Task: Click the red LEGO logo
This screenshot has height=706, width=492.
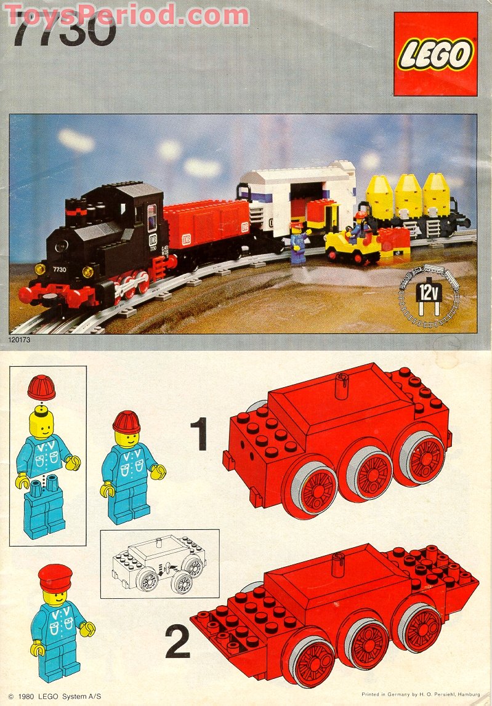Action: pos(435,54)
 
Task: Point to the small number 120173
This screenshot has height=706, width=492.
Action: pos(22,339)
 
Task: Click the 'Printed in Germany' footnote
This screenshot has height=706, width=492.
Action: pos(421,694)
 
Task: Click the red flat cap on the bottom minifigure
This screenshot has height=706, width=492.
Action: pos(55,577)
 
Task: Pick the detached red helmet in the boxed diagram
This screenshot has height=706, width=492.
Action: pos(41,388)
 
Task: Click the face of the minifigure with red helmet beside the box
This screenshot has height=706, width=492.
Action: pos(127,438)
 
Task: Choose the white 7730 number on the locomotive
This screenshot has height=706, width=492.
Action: pos(60,268)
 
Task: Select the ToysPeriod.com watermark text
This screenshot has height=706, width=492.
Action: pos(126,14)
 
